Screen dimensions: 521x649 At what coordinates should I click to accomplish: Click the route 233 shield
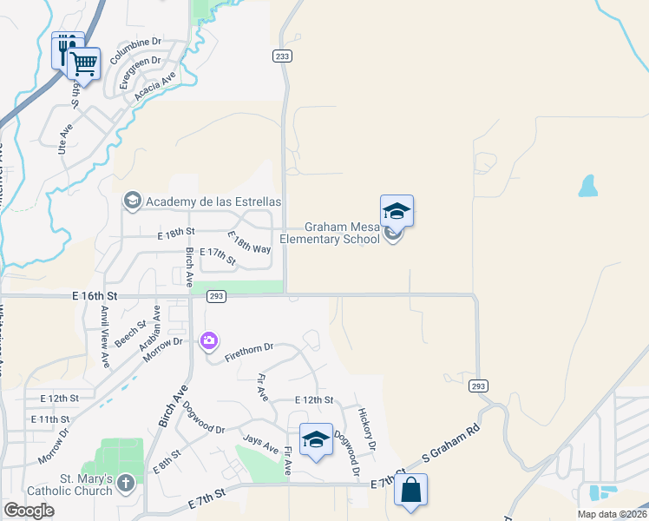pos(282,56)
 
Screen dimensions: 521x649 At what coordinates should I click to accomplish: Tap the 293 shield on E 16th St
pos(217,297)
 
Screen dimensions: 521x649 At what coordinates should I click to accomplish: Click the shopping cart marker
pos(83,63)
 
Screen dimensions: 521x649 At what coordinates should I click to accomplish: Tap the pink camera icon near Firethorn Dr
pos(209,340)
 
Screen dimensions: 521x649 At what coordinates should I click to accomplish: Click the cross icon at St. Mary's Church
pos(127,482)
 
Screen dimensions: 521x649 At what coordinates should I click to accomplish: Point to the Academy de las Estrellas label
pos(213,201)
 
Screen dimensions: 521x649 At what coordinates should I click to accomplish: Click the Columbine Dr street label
pos(136,42)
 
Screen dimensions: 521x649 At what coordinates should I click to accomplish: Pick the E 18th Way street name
pos(249,242)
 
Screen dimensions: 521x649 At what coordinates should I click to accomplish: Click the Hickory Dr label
pos(365,428)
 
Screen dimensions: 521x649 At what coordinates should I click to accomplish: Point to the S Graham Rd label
pos(450,443)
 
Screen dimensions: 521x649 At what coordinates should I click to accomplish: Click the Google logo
pos(29,511)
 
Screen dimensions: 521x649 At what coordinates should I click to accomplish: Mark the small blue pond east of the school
pos(588,186)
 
